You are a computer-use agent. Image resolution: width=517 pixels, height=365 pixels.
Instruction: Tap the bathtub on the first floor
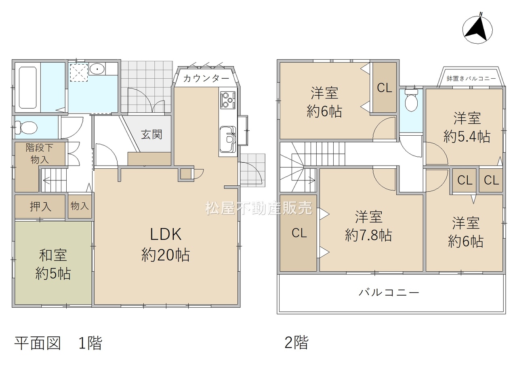point(28,88)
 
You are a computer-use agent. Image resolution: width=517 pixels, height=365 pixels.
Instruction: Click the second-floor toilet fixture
point(411,100)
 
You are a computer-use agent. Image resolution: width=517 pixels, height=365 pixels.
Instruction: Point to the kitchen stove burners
point(228,101)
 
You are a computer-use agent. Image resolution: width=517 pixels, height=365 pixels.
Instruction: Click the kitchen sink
point(227,139)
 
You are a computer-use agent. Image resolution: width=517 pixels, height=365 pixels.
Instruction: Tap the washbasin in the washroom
point(97,69)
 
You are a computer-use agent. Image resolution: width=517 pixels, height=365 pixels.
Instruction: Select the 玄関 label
point(151,134)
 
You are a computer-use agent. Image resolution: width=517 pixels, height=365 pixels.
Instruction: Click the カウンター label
point(206,79)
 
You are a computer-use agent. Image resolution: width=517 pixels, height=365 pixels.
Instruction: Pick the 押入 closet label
point(40,206)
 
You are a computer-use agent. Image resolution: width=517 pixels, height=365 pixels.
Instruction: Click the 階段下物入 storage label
point(40,154)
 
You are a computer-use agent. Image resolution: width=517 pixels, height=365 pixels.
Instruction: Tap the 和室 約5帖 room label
point(53,264)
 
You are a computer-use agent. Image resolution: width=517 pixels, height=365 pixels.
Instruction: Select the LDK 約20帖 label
point(166,245)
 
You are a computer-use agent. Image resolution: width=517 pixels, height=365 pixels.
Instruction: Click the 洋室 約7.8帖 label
point(369,226)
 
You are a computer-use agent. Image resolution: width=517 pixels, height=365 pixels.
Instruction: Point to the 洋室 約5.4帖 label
point(467,127)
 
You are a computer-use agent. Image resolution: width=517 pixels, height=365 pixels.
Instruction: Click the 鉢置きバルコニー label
point(471,79)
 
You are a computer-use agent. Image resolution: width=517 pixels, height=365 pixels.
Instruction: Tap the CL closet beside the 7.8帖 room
point(298,233)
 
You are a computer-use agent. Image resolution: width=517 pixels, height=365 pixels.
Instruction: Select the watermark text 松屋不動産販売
point(259,208)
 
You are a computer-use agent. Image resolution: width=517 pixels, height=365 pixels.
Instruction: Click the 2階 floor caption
point(296,342)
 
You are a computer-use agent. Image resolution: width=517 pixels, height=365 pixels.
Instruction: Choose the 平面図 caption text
point(38,343)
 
